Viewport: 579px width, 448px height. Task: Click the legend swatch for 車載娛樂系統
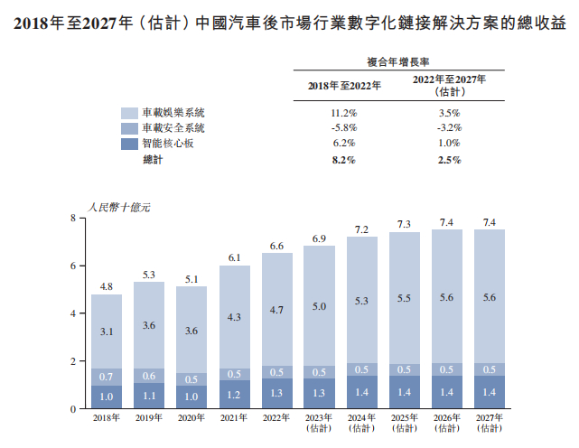tap(129, 114)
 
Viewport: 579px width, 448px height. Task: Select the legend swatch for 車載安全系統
tap(129, 128)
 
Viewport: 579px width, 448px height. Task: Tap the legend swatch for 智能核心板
tap(129, 144)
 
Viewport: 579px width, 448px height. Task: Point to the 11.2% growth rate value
tap(344, 114)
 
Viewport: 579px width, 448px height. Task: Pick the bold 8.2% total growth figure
tap(344, 160)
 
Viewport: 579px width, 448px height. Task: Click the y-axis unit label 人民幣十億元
tap(119, 208)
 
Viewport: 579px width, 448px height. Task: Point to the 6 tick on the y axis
tap(73, 266)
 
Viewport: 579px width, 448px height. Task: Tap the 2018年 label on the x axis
tap(107, 418)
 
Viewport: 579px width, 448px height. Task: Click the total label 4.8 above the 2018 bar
tap(107, 286)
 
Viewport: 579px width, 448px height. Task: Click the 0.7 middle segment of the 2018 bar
tap(107, 377)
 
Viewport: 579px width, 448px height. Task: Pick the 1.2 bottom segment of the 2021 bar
tap(235, 395)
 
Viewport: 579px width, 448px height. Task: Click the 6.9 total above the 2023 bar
tap(320, 238)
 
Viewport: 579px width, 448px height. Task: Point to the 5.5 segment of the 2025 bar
tap(406, 298)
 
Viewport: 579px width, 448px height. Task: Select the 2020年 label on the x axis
tap(191, 418)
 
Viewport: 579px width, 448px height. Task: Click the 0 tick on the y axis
tap(73, 409)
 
